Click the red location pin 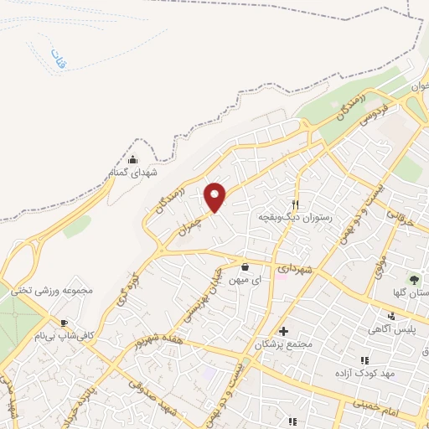(x=216, y=197)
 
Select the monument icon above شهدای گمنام (x=132, y=158)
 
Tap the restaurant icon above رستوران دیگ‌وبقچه (x=295, y=204)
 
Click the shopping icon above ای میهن (x=244, y=268)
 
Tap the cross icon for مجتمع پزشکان (x=283, y=331)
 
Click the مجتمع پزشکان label (x=286, y=344)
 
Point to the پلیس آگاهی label (x=392, y=330)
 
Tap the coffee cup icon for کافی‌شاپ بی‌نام (x=64, y=323)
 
